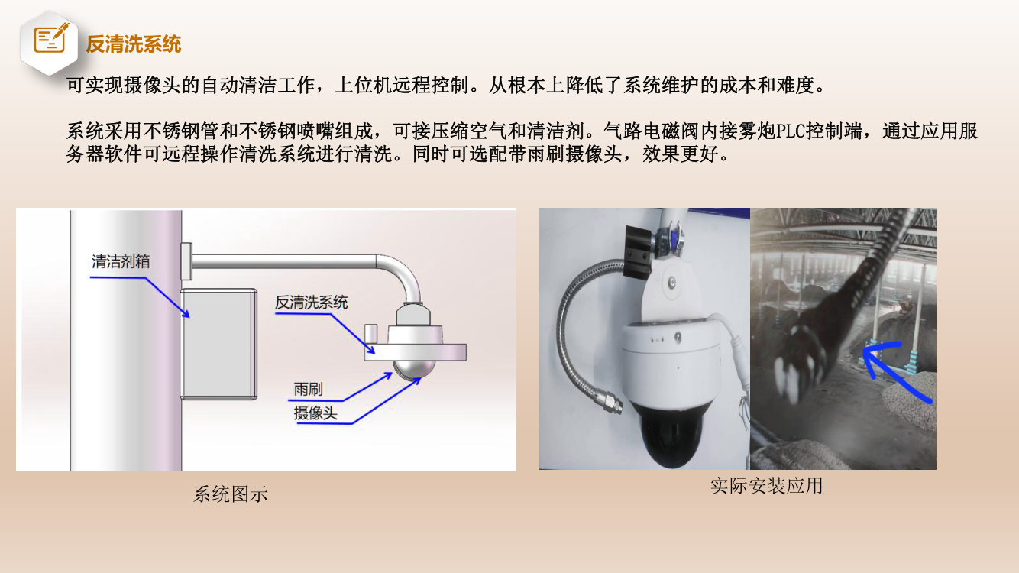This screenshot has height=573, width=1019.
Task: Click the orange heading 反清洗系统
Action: click(134, 44)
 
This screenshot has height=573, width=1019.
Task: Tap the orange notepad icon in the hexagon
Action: click(50, 38)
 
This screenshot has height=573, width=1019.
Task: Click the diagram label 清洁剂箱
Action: click(121, 261)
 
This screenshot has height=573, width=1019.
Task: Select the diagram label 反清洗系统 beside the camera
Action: click(312, 303)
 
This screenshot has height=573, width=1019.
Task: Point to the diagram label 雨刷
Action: click(308, 389)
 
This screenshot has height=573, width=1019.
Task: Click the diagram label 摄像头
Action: click(315, 413)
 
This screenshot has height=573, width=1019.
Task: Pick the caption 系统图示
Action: click(231, 494)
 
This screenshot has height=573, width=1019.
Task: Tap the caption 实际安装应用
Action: click(766, 486)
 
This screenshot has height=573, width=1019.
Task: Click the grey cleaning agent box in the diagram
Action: click(218, 344)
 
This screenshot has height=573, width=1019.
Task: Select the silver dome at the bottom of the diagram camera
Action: click(415, 370)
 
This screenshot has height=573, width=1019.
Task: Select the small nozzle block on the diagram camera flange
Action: click(371, 334)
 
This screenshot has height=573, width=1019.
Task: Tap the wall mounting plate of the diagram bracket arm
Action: click(186, 261)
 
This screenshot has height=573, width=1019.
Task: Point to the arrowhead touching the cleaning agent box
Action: click(185, 313)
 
